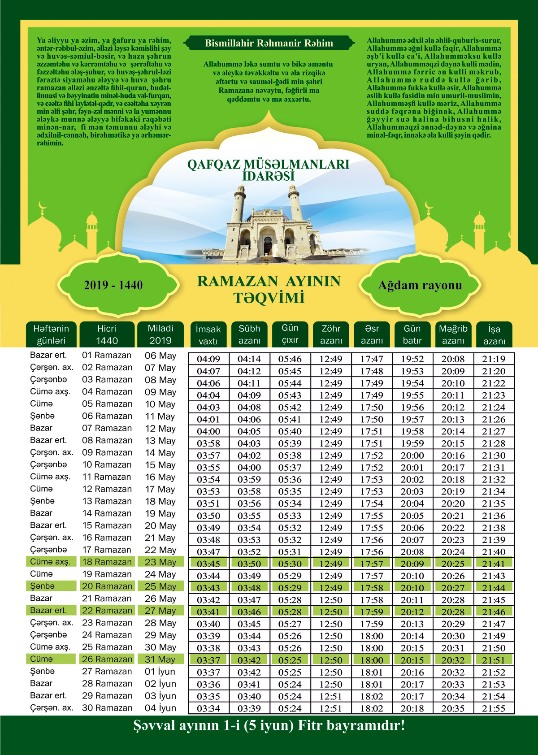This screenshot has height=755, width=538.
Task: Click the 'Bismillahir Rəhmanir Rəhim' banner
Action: pos(269,43)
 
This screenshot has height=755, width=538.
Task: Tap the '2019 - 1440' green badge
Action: pos(113,285)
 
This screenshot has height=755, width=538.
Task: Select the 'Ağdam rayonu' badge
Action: pos(420,285)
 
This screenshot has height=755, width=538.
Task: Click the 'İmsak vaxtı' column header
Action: pos(208,334)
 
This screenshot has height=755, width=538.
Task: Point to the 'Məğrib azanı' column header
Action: pos(453,334)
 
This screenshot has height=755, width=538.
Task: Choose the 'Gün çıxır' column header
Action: pos(290,334)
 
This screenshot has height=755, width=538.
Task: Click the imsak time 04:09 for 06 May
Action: pos(208,359)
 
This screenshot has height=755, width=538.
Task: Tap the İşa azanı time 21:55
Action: pos(494,708)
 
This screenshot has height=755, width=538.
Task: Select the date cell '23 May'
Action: pos(160,562)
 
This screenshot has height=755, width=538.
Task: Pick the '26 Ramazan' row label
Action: pos(107,659)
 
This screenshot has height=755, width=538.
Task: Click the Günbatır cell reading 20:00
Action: pos(412,456)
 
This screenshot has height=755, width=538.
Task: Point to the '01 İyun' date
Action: pos(160,672)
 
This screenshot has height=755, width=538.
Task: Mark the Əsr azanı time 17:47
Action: pos(372,359)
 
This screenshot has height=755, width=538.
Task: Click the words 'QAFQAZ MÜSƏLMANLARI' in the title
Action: pos(268,164)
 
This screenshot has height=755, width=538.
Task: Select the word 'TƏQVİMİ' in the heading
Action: pos(269,298)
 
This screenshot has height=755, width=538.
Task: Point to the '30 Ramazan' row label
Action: pos(107,708)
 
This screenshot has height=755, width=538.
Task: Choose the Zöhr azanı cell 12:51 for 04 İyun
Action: pos(331,708)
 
